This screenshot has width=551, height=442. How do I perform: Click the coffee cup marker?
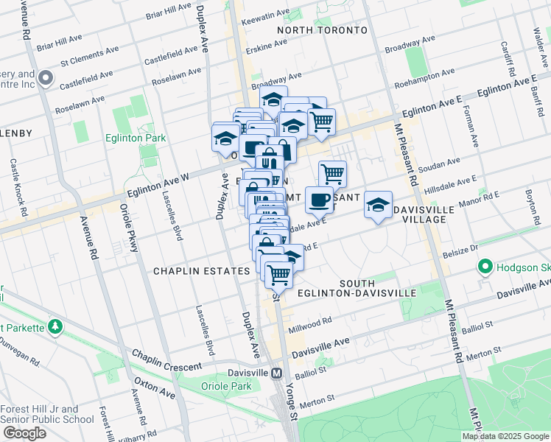(x=319, y=199)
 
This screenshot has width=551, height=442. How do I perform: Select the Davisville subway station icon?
(x=276, y=373)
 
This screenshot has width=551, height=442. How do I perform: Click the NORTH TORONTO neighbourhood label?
(x=321, y=30)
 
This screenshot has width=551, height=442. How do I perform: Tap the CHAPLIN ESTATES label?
(x=201, y=271)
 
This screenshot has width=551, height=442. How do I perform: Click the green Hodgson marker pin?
(x=485, y=266)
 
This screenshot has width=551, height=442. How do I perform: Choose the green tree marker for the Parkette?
(x=54, y=326)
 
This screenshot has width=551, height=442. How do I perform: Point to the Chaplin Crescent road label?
(x=166, y=361)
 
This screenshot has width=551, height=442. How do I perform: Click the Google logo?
(x=24, y=433)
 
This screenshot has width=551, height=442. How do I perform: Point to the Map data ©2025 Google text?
(x=505, y=436)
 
